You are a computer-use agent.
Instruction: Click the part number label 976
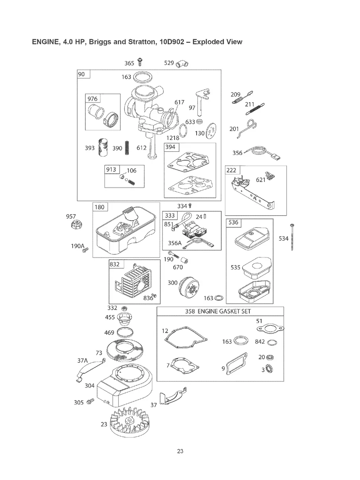point(93,99)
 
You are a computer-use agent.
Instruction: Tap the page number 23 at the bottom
point(180,451)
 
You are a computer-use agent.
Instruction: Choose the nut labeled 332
point(124,309)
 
